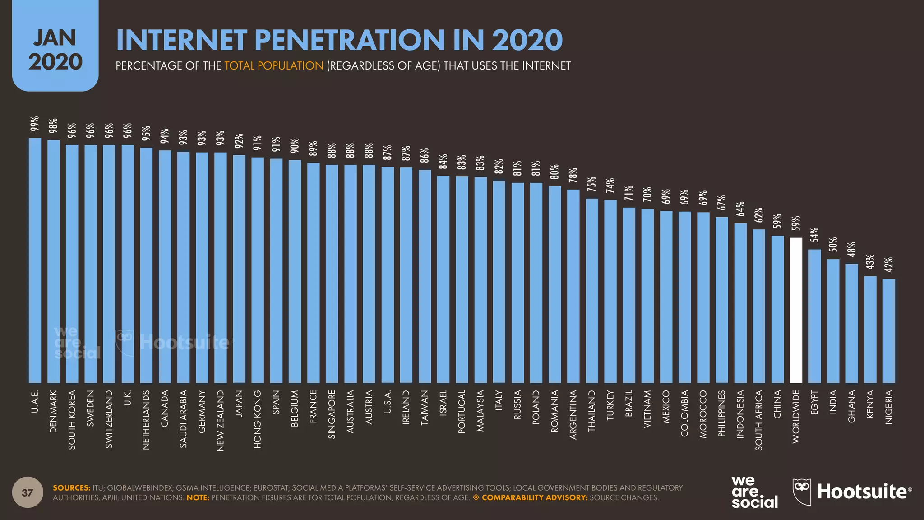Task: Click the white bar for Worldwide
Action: pos(796,311)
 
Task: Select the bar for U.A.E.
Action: pos(35,260)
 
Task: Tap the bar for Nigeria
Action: pos(889,331)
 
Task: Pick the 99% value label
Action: pos(35,124)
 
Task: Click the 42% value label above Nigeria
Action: pos(889,265)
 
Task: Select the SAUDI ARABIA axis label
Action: pos(183,419)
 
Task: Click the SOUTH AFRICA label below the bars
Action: pos(758,420)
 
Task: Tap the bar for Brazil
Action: pos(629,295)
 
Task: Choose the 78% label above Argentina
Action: pos(573,175)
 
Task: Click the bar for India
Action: pos(833,321)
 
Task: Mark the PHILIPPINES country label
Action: pos(721,413)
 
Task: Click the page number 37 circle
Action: pos(28,492)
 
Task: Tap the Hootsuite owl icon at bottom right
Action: pos(802,491)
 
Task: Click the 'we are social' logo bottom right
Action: pos(754,492)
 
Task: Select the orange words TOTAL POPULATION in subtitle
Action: pos(274,66)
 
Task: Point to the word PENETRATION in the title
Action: pos(350,40)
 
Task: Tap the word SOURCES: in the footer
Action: pos(72,487)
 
